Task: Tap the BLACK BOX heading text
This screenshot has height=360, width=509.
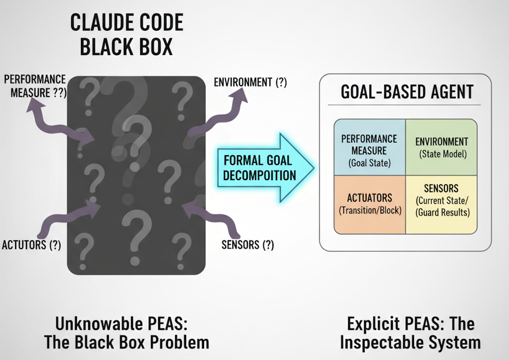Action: tap(126, 47)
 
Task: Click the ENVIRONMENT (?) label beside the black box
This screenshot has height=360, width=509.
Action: tap(250, 82)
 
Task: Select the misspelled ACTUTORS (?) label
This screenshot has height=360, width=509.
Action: tap(31, 245)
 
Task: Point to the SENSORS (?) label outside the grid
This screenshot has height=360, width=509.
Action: tap(247, 245)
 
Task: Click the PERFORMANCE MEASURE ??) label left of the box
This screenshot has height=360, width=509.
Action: tap(36, 86)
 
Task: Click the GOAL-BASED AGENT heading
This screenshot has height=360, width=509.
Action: tap(407, 92)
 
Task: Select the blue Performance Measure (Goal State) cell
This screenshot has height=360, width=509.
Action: tap(369, 148)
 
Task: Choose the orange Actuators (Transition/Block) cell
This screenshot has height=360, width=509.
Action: tap(369, 204)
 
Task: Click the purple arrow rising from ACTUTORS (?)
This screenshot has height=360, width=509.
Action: tap(66, 218)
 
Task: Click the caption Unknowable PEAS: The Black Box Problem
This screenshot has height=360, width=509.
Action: tap(126, 333)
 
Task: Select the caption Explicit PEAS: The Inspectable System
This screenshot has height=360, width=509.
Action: tap(410, 333)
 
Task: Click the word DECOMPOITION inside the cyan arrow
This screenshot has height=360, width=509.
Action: tap(259, 176)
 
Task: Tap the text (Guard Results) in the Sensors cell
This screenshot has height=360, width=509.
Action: tap(442, 213)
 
